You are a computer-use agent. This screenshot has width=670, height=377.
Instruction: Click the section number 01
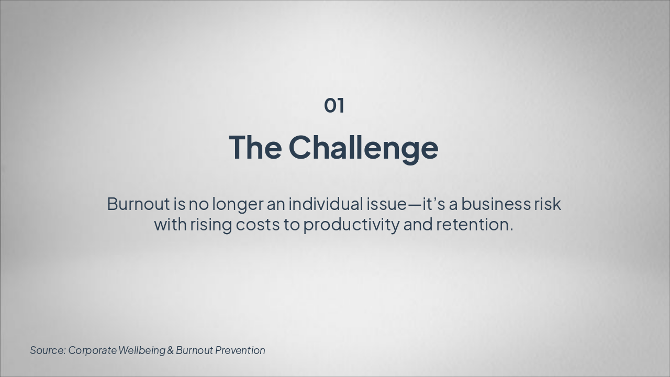(x=334, y=105)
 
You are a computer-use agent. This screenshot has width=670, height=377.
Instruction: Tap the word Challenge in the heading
(x=363, y=148)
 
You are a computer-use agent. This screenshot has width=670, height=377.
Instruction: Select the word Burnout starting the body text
(x=138, y=204)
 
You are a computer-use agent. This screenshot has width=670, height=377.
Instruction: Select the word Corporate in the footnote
(x=92, y=350)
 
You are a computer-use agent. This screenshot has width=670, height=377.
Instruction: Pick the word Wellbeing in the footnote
(x=142, y=350)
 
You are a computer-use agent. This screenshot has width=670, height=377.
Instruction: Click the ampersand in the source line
(x=170, y=350)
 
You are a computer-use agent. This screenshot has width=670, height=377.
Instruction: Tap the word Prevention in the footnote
(x=240, y=350)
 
